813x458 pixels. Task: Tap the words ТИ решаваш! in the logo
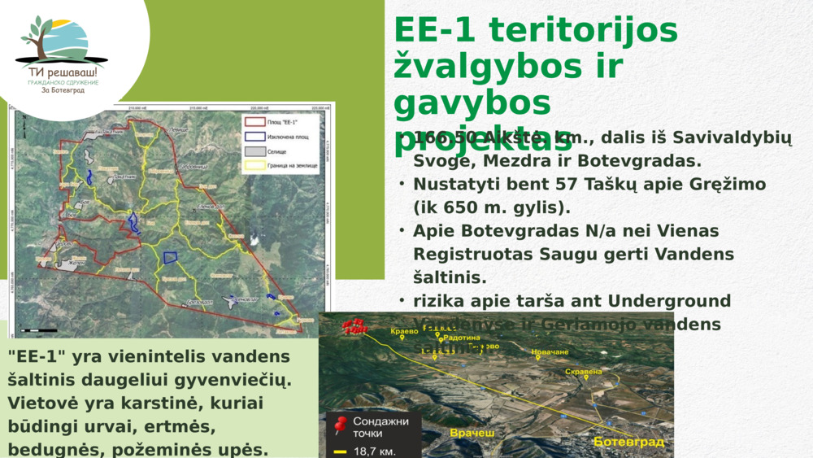[63, 72]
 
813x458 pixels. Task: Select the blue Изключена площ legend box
[254, 137]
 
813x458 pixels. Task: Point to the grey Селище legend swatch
[254, 151]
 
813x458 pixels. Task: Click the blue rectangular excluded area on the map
[171, 257]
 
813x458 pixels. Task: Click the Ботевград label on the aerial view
[628, 442]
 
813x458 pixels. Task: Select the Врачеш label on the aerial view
[472, 433]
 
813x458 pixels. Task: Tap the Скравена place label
[583, 372]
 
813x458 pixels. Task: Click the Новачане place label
[550, 352]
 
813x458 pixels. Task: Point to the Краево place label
[403, 332]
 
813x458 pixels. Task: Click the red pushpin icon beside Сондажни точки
[340, 424]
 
